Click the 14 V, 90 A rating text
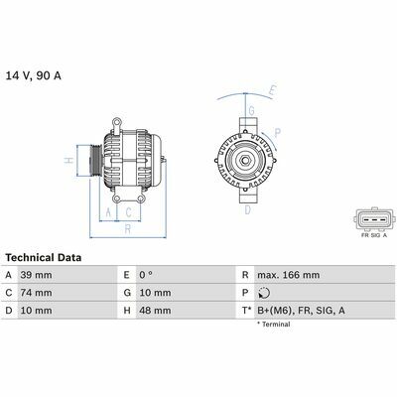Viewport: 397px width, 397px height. (34, 75)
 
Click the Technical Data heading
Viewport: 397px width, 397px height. (44, 258)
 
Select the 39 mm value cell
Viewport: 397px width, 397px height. (37, 275)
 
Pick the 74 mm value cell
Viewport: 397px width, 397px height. (37, 293)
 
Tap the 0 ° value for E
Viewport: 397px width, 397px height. (146, 275)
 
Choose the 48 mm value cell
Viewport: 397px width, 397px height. (155, 311)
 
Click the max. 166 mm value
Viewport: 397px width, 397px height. (289, 275)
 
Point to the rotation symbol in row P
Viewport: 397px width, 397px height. (264, 293)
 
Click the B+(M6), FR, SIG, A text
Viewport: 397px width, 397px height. (301, 311)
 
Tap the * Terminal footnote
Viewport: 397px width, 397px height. (274, 325)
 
